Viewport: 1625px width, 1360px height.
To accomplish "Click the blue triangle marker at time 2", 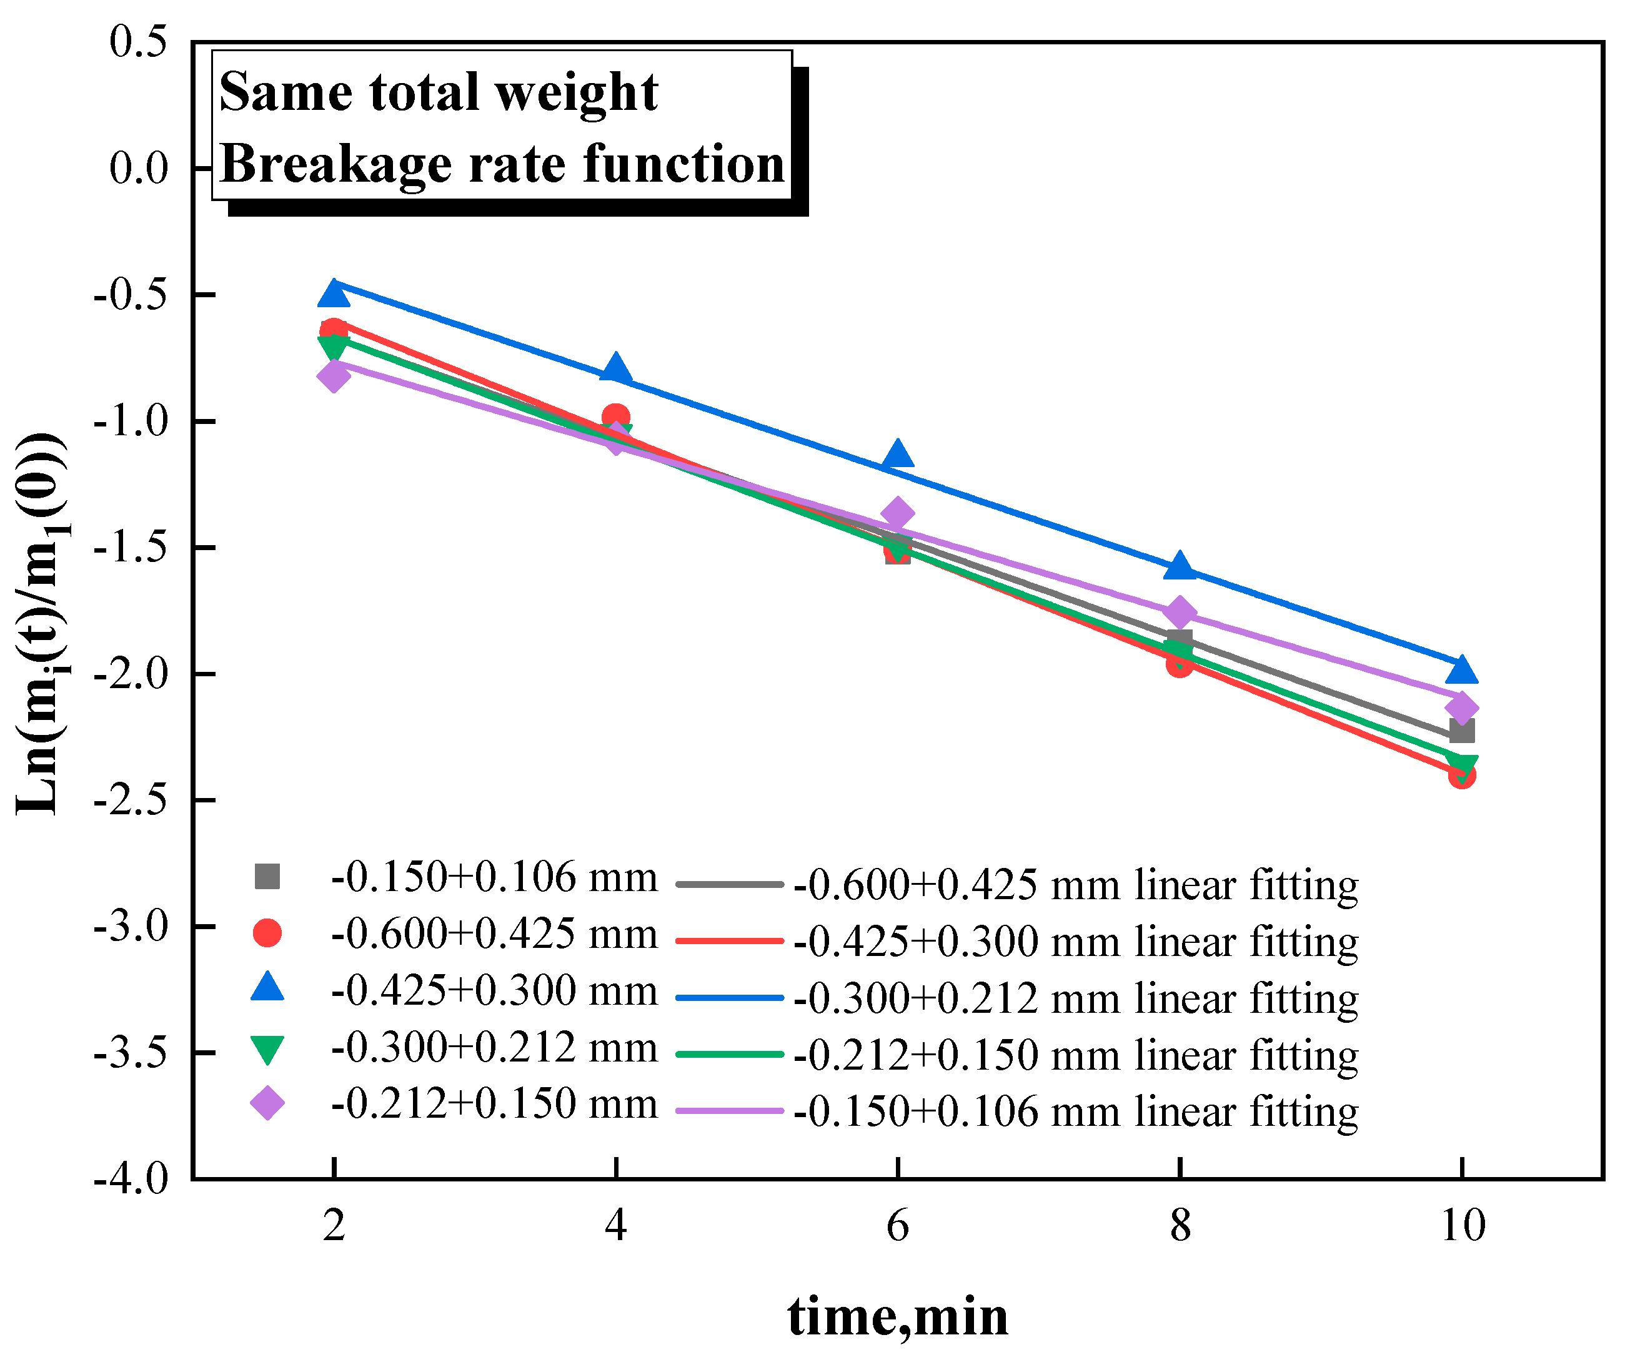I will (x=334, y=294).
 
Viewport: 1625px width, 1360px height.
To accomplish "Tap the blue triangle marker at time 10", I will (x=1461, y=671).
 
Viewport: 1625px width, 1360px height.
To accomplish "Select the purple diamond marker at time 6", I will (x=898, y=513).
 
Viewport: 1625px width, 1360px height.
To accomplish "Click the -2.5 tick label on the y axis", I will (x=130, y=800).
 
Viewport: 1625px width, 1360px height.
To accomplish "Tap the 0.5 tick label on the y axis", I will (x=137, y=42).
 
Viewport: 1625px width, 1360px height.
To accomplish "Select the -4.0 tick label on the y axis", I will (x=130, y=1179).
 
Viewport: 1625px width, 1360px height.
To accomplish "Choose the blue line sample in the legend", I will (x=730, y=998).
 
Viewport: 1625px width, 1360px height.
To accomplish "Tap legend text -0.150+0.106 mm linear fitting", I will (x=1076, y=1111).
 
